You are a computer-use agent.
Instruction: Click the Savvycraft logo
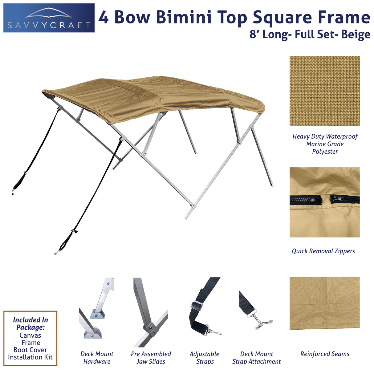click(49, 18)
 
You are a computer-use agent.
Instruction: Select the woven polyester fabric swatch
click(324, 91)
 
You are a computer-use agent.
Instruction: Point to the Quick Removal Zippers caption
click(323, 251)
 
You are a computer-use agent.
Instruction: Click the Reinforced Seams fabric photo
click(324, 303)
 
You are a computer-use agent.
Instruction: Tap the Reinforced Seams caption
click(325, 354)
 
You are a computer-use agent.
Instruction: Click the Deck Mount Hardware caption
click(97, 358)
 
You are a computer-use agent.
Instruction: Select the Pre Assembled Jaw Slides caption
click(151, 358)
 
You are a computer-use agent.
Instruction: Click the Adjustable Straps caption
click(205, 358)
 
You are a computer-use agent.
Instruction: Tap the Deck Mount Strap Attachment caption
click(256, 358)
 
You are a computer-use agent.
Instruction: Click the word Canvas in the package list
click(30, 335)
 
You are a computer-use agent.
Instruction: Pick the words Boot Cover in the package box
click(30, 350)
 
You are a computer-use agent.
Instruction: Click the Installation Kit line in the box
click(30, 357)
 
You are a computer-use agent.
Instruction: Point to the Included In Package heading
click(30, 323)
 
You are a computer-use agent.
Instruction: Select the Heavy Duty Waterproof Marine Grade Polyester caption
click(325, 144)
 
